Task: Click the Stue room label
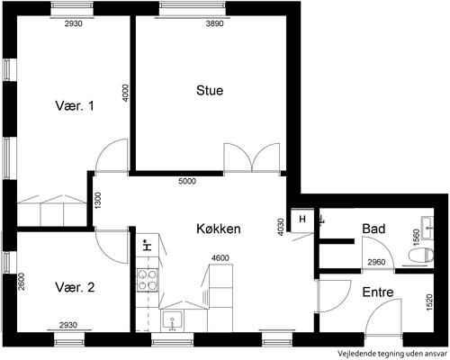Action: pyautogui.click(x=210, y=90)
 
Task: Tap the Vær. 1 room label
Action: pyautogui.click(x=75, y=105)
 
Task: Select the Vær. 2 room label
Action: pyautogui.click(x=75, y=287)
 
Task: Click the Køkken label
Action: pyautogui.click(x=219, y=229)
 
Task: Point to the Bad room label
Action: pyautogui.click(x=373, y=229)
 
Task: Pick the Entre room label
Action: pyautogui.click(x=378, y=292)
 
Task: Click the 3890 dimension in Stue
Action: pyautogui.click(x=215, y=23)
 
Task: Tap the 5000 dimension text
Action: pyautogui.click(x=187, y=181)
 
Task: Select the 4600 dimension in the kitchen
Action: pyautogui.click(x=220, y=257)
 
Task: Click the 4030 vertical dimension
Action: pyautogui.click(x=281, y=227)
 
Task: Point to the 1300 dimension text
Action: pyautogui.click(x=98, y=200)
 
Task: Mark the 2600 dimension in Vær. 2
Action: pyautogui.click(x=21, y=281)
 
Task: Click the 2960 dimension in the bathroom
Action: pyautogui.click(x=376, y=262)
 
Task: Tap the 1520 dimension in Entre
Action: pyautogui.click(x=429, y=302)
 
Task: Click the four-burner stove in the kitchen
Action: pyautogui.click(x=148, y=280)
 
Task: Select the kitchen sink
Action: pyautogui.click(x=172, y=321)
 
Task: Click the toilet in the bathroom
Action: pyautogui.click(x=421, y=256)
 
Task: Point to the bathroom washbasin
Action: pyautogui.click(x=427, y=228)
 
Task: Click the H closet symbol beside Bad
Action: pyautogui.click(x=302, y=220)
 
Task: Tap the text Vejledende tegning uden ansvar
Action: pyautogui.click(x=392, y=354)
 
